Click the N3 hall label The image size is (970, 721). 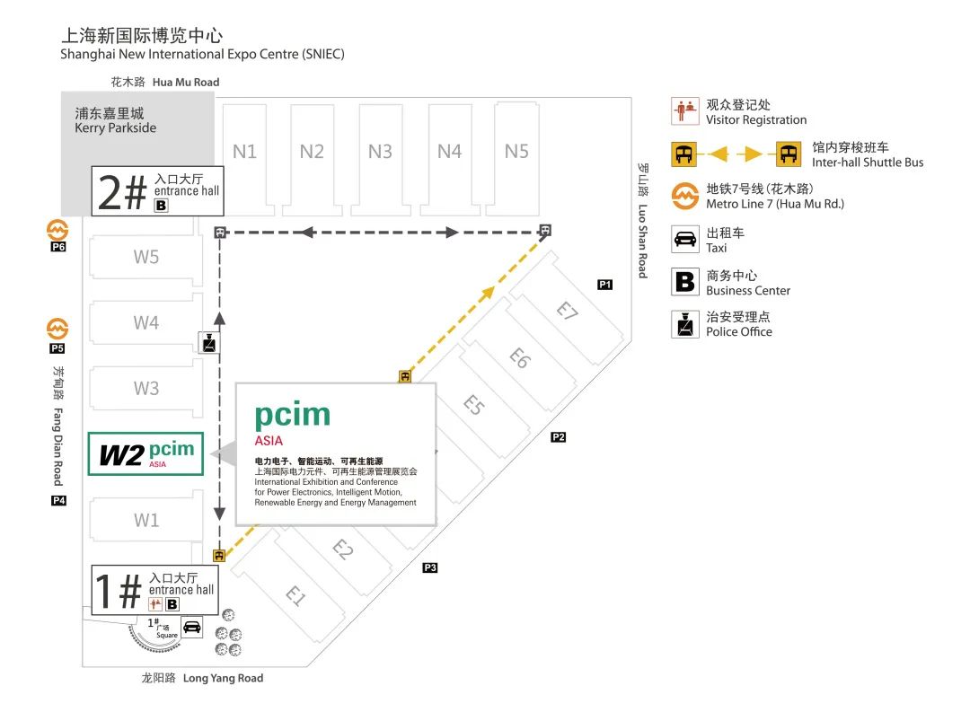[380, 152]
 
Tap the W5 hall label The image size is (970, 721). [146, 257]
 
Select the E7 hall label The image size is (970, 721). [565, 311]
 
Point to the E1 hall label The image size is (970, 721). [296, 595]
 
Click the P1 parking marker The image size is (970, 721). [605, 285]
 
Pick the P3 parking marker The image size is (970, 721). [430, 567]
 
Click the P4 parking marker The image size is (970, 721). [58, 501]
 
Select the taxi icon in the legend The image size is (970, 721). [685, 240]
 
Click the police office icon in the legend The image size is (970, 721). [685, 324]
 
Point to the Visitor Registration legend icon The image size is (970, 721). [685, 111]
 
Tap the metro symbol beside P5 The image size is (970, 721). [58, 328]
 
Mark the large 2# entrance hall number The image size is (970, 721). [122, 192]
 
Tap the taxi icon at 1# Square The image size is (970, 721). [191, 627]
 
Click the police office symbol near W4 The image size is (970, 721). [207, 342]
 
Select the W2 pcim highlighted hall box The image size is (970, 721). [146, 453]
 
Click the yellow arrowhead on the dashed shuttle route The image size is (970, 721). [488, 291]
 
